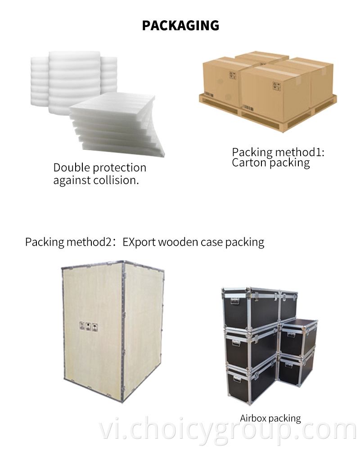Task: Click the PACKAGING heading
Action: click(180, 26)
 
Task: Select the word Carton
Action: click(249, 163)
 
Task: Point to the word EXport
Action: click(139, 243)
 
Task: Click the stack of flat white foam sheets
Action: click(116, 125)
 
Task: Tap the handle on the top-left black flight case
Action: click(235, 301)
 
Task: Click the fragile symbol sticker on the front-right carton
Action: click(276, 86)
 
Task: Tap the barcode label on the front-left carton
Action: click(209, 94)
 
